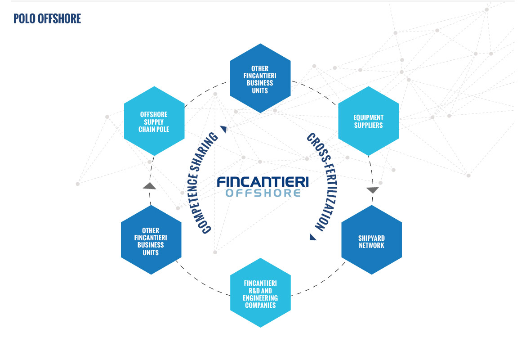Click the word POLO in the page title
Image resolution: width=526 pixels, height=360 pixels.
24,18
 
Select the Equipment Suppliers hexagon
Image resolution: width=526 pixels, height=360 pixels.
368,121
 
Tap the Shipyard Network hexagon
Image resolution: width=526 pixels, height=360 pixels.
371,240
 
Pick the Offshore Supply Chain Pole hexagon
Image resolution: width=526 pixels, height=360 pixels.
154,121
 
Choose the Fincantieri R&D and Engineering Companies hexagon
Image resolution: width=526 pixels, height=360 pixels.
260,292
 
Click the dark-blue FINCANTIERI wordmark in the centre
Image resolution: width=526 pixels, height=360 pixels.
263,182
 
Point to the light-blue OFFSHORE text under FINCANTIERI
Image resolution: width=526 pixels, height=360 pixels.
263,193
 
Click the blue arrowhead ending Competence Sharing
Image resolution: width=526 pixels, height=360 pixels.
224,129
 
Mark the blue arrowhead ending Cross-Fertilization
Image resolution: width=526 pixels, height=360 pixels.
312,237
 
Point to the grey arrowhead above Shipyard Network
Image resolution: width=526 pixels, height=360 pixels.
372,190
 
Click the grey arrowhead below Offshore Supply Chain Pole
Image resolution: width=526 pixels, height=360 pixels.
149,186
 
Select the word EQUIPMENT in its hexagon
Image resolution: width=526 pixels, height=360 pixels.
368,117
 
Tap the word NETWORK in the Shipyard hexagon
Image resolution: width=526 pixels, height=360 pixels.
371,246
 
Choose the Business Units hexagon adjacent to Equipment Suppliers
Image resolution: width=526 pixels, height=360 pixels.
260,78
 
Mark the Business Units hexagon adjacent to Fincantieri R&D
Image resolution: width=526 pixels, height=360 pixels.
151,240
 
